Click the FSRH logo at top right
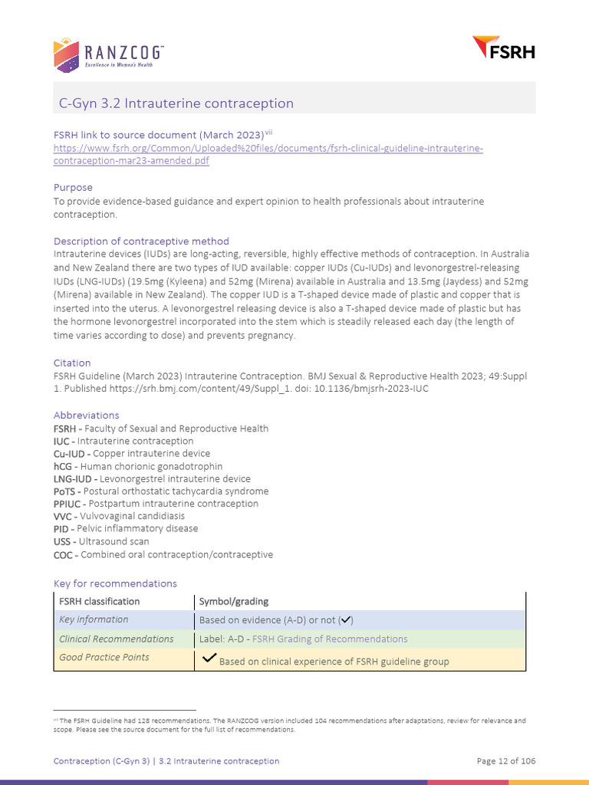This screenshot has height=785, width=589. point(503,48)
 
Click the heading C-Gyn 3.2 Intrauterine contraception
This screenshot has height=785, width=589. point(176,103)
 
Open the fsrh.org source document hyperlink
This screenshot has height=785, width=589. point(268,148)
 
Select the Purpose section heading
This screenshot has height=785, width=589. point(73,187)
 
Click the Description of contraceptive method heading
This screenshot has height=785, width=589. point(141,241)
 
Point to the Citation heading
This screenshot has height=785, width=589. point(72,363)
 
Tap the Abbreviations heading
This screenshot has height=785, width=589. point(86,415)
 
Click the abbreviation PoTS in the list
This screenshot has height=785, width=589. point(64,491)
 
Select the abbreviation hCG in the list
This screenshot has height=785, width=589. point(64,466)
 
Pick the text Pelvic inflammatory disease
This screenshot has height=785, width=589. point(137,529)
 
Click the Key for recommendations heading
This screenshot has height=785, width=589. point(115,583)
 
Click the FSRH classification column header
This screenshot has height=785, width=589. point(100,601)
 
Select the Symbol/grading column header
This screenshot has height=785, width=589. point(233,601)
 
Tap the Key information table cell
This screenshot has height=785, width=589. point(94,619)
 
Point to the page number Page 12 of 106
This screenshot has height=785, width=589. point(505,761)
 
